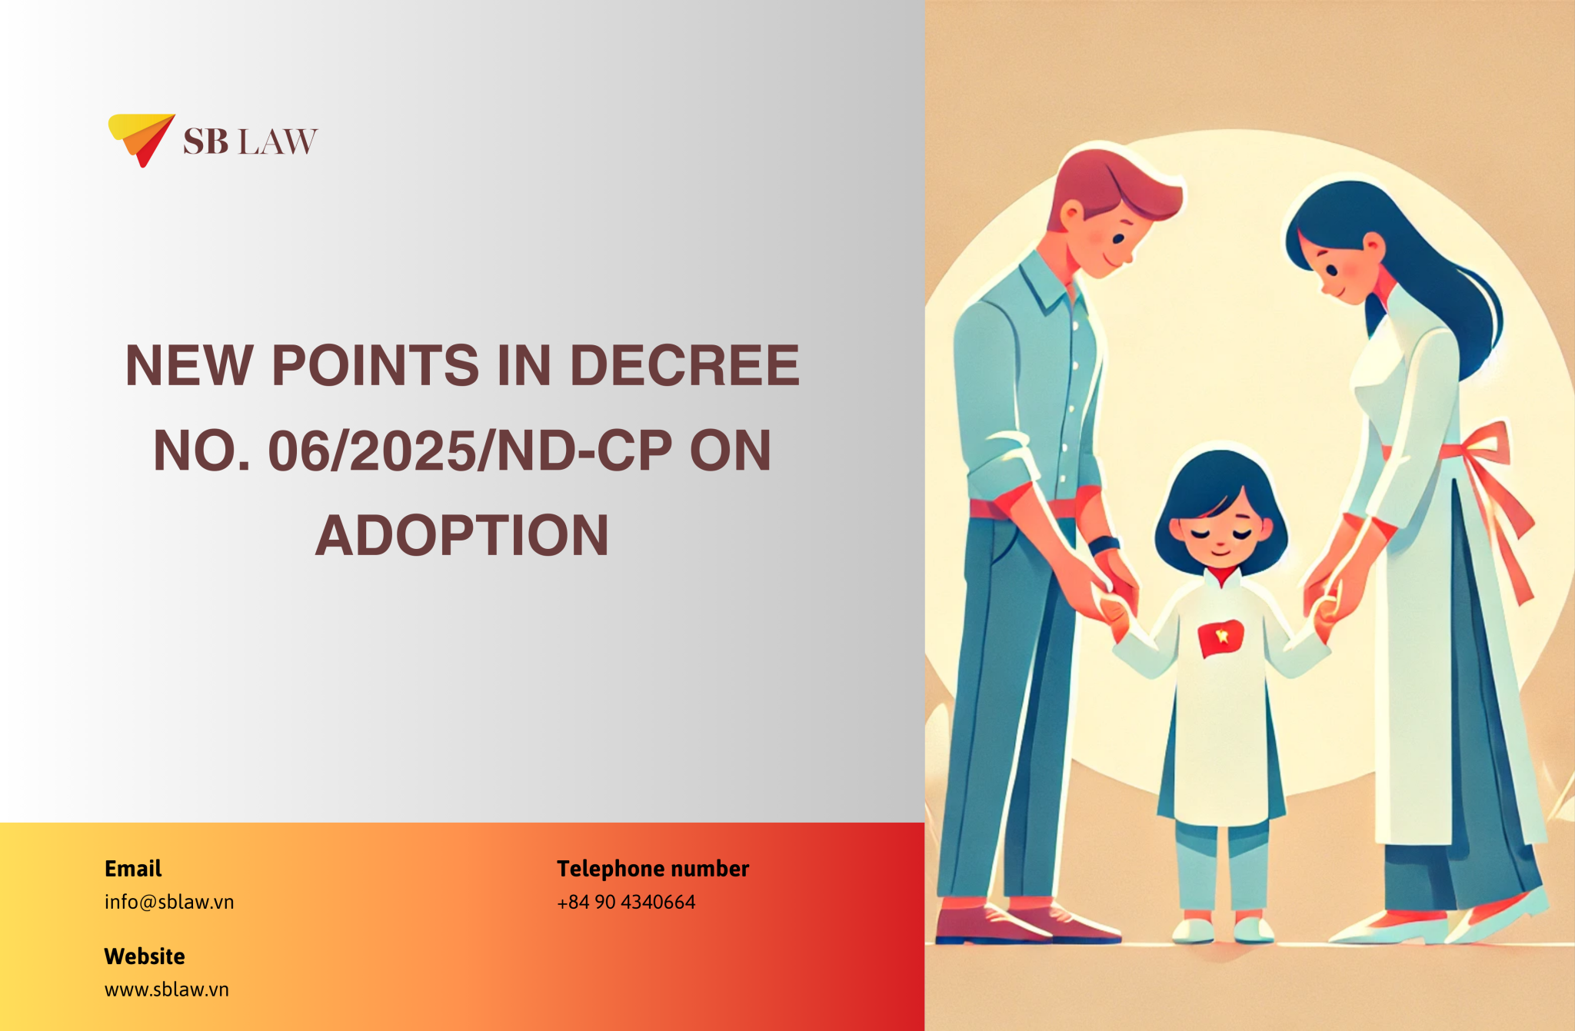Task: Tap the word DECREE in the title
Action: tap(684, 365)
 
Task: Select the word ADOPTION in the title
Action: tap(462, 536)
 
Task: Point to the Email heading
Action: tap(133, 869)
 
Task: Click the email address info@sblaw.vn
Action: tap(169, 902)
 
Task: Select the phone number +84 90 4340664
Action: tap(626, 902)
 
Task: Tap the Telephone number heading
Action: tap(653, 869)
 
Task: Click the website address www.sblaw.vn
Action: tap(167, 989)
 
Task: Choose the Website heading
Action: tap(145, 956)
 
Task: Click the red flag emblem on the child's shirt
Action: tap(1220, 637)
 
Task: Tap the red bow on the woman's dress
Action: tap(1488, 454)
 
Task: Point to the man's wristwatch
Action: tap(1104, 544)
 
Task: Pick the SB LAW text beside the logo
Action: tap(250, 142)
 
